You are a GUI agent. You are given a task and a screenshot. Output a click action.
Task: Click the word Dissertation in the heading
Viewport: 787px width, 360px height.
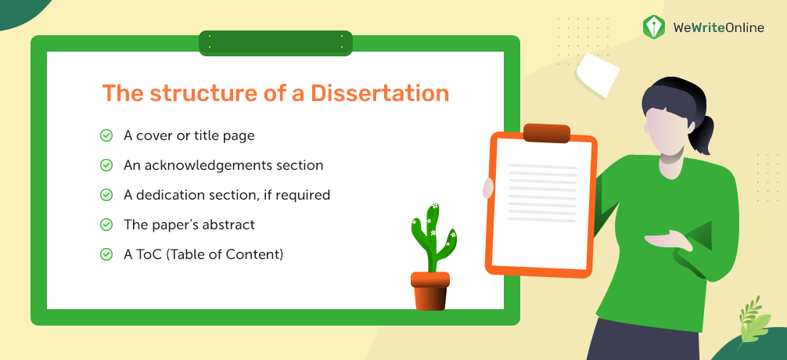tap(379, 94)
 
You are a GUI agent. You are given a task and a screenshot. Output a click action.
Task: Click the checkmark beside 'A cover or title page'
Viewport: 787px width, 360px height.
tap(106, 135)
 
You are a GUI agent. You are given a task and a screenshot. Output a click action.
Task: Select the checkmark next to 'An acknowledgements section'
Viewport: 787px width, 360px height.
tap(106, 165)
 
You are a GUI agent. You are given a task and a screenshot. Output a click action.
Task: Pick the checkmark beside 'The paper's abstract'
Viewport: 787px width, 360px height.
tap(106, 225)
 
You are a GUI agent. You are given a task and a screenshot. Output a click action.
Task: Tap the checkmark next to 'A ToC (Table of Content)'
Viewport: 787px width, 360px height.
tap(106, 254)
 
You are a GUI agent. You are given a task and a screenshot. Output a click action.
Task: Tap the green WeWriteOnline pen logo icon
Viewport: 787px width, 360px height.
tap(654, 27)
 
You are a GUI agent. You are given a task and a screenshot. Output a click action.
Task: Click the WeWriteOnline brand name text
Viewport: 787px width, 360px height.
tap(719, 27)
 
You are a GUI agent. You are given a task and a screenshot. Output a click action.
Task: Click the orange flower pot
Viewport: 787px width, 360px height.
tap(430, 290)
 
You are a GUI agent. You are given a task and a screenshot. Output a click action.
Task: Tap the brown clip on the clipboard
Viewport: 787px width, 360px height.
tap(547, 133)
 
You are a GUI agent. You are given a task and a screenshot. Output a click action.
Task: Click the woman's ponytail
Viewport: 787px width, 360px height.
tap(705, 134)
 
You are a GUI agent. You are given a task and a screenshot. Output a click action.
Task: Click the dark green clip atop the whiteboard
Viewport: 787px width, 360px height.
tap(275, 43)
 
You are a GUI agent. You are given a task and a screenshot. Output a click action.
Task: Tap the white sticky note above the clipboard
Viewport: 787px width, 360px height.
tap(598, 74)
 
